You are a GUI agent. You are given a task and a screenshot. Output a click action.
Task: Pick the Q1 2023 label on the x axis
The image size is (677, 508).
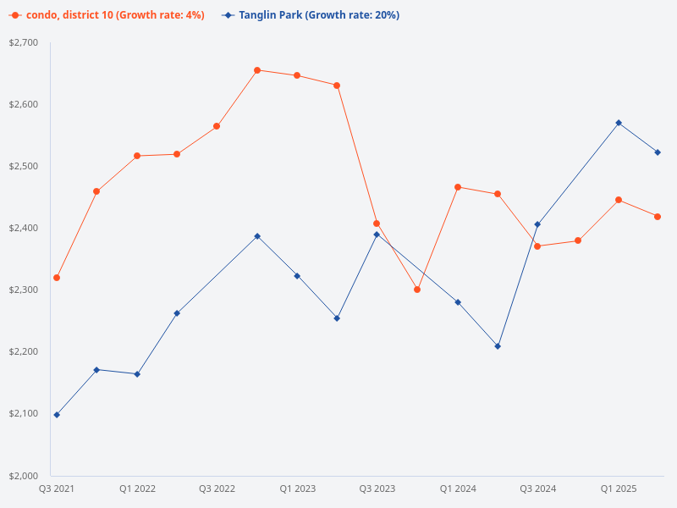[x=297, y=489]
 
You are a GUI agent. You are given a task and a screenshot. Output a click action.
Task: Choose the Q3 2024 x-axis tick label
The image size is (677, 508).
[x=537, y=489]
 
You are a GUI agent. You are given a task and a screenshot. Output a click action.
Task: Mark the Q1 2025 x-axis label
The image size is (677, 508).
[x=619, y=489]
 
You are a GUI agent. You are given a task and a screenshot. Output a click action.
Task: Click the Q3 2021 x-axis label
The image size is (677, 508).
[x=57, y=489]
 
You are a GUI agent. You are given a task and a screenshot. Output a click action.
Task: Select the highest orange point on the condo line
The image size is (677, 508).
[x=257, y=70]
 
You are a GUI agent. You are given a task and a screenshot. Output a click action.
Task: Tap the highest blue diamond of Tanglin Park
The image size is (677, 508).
[x=619, y=123]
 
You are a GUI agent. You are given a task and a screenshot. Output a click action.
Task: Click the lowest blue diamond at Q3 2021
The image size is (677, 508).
[x=57, y=415]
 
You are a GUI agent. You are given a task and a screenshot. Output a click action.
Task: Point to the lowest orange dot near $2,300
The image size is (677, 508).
[x=417, y=290]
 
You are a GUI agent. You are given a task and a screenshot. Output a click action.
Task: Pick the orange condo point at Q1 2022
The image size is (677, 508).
[x=137, y=156]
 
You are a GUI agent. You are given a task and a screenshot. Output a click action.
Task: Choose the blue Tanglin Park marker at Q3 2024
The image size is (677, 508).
[x=537, y=224]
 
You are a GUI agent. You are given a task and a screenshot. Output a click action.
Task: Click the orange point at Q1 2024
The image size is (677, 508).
[x=458, y=187]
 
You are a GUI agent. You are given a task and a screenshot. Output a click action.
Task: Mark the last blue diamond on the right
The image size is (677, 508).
[x=658, y=152]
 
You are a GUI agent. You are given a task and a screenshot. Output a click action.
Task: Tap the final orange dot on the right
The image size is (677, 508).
[x=658, y=217]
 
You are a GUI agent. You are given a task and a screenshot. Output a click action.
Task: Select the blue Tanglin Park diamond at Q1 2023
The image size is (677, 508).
[x=297, y=276]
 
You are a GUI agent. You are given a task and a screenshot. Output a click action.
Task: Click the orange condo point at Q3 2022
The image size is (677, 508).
[x=217, y=126]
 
